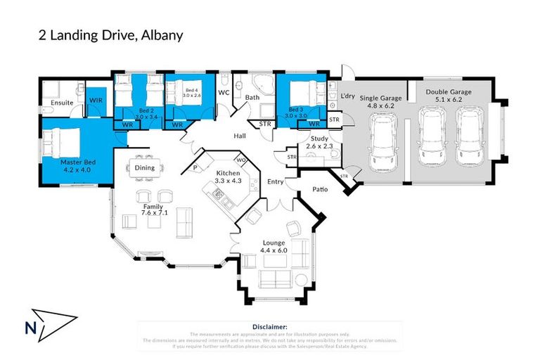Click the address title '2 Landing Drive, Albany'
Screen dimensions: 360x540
click(x=111, y=35)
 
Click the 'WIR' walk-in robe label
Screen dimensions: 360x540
click(x=96, y=101)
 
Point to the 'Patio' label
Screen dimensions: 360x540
click(x=323, y=189)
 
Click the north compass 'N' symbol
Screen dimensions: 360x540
click(x=30, y=327)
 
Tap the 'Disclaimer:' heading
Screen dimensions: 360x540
click(x=270, y=327)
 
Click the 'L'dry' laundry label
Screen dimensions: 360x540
click(x=347, y=96)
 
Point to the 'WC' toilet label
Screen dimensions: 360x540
click(x=224, y=92)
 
